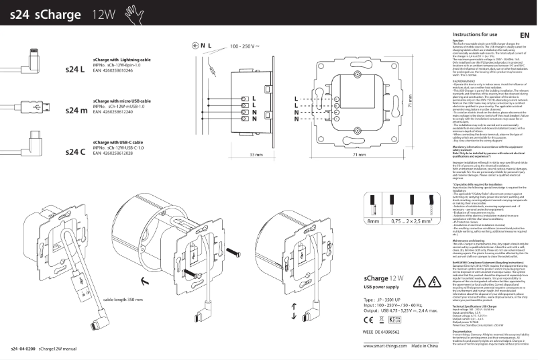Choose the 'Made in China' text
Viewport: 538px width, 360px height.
(x=431, y=345)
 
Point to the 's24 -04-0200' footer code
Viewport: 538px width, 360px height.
(x=22, y=350)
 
